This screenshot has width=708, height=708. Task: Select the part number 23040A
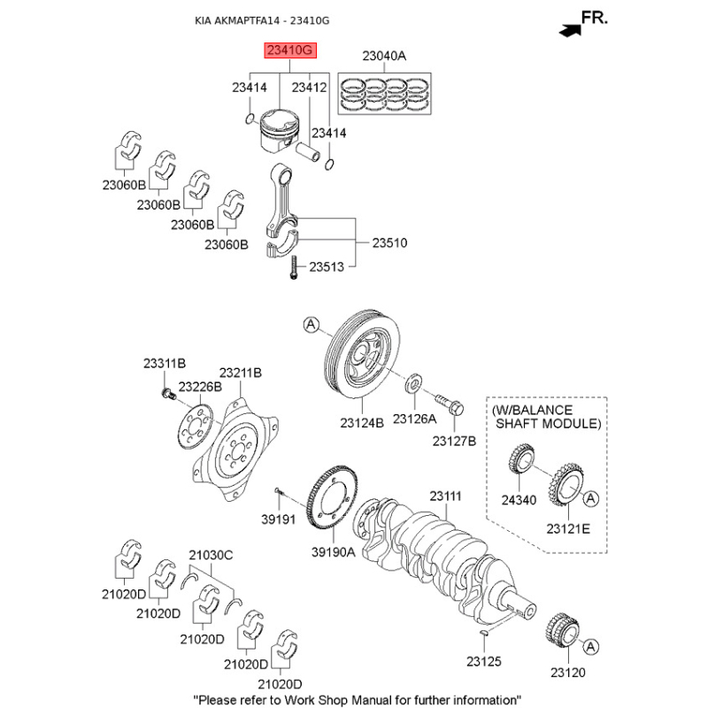click(x=383, y=57)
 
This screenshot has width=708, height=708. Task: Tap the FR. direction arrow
click(x=571, y=28)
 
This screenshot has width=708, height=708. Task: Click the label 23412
click(x=310, y=88)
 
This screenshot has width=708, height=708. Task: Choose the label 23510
click(x=389, y=242)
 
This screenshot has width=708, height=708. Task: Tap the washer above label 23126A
click(x=412, y=386)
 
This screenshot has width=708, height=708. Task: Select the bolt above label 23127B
click(x=449, y=405)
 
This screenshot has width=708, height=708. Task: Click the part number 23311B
click(x=165, y=364)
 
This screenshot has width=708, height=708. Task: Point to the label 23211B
click(x=240, y=373)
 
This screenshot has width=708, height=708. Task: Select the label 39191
click(x=276, y=519)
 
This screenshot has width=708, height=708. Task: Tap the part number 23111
click(x=446, y=496)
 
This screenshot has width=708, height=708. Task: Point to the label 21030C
click(x=210, y=555)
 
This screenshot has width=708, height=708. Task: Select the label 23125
click(x=484, y=661)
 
